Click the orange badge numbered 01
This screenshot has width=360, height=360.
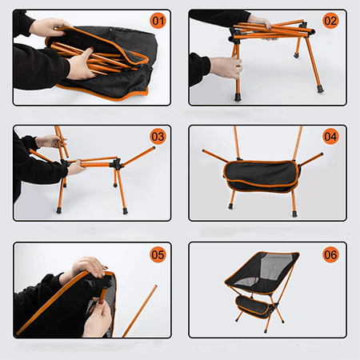(158, 21)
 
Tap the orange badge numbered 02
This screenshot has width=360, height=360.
(330, 21)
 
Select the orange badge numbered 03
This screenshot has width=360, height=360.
(158, 137)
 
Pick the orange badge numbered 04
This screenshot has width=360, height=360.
(330, 137)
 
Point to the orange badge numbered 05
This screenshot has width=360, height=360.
(158, 254)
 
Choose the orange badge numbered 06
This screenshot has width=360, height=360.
(330, 254)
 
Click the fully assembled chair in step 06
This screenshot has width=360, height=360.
(262, 290)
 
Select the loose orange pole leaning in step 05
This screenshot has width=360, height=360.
(139, 311)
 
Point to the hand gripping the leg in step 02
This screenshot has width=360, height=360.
(226, 67)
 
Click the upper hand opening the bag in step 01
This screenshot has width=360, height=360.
(50, 26)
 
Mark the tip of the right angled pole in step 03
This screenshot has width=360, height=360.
(154, 147)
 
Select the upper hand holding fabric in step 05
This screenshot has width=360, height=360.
(86, 268)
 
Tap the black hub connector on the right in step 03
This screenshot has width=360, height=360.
(118, 163)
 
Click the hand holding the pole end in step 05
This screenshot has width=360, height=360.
(98, 318)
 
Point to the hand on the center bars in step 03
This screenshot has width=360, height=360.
(76, 167)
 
